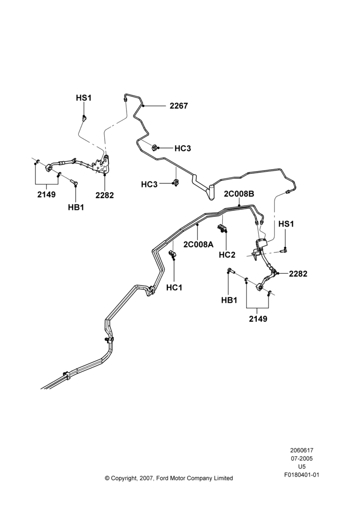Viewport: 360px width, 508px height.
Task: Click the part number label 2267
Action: pos(178,106)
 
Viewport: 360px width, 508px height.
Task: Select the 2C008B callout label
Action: pos(238,194)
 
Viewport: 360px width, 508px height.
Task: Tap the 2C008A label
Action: pos(198,244)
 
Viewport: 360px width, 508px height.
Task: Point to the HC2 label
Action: pos(227,255)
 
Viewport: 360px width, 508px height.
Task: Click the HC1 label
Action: pos(174,288)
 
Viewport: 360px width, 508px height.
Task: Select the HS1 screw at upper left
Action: pos(84,118)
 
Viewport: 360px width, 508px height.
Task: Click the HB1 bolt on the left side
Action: pos(74,183)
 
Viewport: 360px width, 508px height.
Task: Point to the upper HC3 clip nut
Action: pos(155,148)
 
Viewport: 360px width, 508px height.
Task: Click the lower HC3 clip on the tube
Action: pos(176,183)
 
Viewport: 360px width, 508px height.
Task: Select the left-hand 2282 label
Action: pos(105,195)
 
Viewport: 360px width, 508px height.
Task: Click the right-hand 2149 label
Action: pos(258,319)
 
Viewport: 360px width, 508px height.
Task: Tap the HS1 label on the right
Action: pos(286,224)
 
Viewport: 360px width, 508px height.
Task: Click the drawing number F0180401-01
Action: pos(302,475)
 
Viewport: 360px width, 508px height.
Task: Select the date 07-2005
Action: pos(302,458)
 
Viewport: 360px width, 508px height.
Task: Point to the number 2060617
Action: pos(302,450)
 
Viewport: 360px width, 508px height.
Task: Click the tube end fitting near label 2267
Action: pos(125,98)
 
